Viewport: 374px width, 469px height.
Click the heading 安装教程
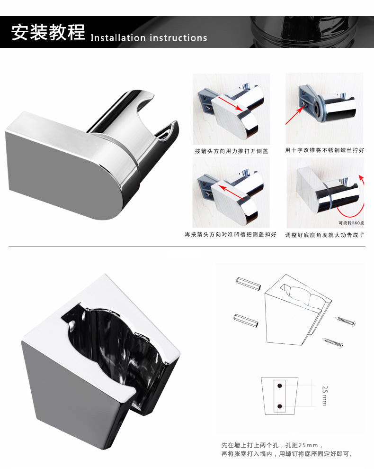48,32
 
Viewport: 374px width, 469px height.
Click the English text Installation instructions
149,38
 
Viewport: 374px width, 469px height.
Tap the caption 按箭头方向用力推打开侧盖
232,151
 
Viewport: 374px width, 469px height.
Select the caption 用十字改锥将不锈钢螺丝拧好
325,150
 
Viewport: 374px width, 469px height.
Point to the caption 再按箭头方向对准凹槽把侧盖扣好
231,234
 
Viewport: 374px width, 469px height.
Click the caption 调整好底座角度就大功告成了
325,235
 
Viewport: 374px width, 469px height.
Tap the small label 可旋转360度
351,223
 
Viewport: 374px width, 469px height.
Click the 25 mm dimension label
325,395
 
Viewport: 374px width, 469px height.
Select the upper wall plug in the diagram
248,283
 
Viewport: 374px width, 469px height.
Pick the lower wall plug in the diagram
246,321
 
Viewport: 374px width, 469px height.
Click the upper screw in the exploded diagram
346,321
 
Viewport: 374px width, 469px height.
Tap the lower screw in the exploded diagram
333,342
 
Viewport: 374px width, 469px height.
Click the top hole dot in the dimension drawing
280,386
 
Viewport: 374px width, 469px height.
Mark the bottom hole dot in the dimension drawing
280,406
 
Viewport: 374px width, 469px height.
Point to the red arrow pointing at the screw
295,115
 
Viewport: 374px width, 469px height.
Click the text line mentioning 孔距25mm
272,445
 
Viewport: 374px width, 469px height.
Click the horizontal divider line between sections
187,247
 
